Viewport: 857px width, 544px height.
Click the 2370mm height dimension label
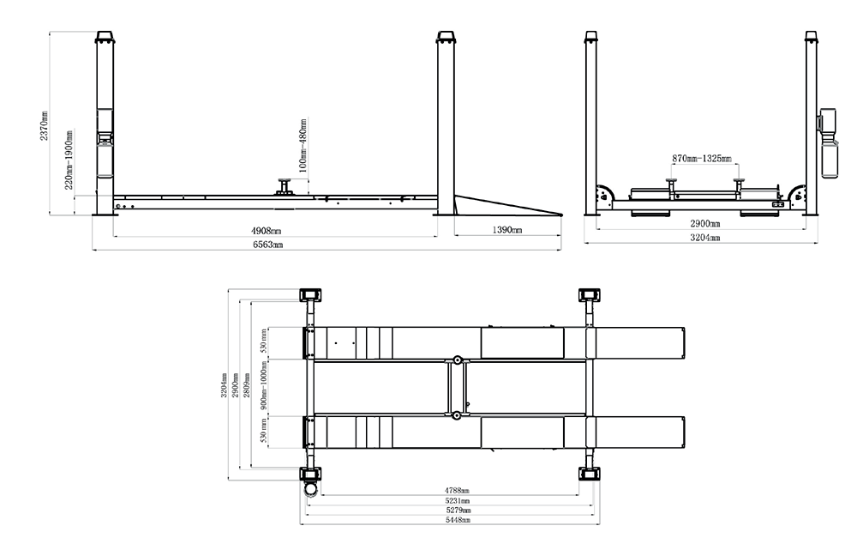(x=44, y=126)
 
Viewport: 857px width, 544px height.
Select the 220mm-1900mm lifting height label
(x=69, y=160)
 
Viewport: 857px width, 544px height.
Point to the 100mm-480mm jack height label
(x=303, y=145)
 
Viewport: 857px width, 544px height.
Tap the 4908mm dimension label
(x=267, y=231)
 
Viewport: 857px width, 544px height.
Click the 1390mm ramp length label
(x=507, y=230)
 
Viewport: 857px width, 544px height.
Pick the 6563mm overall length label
(x=267, y=244)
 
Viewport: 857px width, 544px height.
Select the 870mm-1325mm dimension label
(x=702, y=159)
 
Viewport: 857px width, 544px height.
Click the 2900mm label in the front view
(x=705, y=223)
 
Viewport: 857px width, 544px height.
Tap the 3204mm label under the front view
(x=705, y=238)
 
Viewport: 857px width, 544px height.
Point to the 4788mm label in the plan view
(x=457, y=491)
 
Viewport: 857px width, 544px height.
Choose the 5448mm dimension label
(x=458, y=520)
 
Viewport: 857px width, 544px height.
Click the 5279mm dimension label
(x=458, y=510)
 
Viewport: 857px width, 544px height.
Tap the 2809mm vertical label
(x=247, y=385)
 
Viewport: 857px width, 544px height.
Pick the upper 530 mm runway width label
(x=263, y=341)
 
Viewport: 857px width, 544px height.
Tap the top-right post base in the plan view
(x=590, y=295)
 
